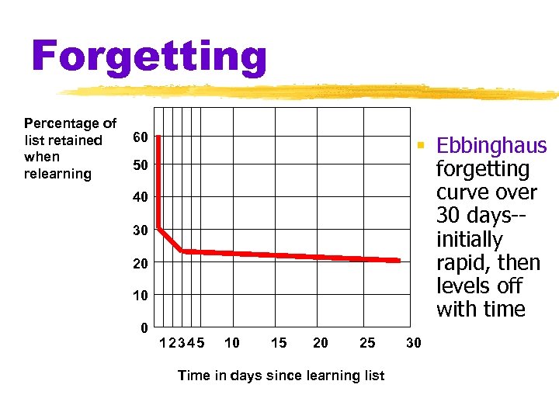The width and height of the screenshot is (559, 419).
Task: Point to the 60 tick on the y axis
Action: click(x=140, y=137)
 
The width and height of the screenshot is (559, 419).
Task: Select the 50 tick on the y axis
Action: click(x=140, y=166)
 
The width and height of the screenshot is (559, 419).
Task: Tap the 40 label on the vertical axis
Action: click(x=140, y=198)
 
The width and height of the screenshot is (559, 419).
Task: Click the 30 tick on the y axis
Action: click(x=140, y=230)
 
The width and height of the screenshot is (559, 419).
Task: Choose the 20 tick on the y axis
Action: click(x=140, y=264)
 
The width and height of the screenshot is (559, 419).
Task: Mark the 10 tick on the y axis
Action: click(x=140, y=296)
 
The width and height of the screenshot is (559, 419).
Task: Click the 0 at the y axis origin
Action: click(x=144, y=327)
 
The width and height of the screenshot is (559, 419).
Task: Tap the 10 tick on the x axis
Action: click(x=231, y=342)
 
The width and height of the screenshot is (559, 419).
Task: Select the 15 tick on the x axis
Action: click(x=278, y=342)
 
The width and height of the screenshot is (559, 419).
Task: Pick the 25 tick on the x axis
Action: click(x=367, y=342)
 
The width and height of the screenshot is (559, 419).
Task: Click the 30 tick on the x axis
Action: click(x=414, y=342)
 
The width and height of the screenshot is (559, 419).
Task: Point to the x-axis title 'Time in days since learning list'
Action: click(x=281, y=376)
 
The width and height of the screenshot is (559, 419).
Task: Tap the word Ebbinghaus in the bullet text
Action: click(x=491, y=146)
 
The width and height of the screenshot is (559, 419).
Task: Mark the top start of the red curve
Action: click(x=158, y=137)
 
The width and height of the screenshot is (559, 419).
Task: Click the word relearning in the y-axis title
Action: click(x=57, y=174)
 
